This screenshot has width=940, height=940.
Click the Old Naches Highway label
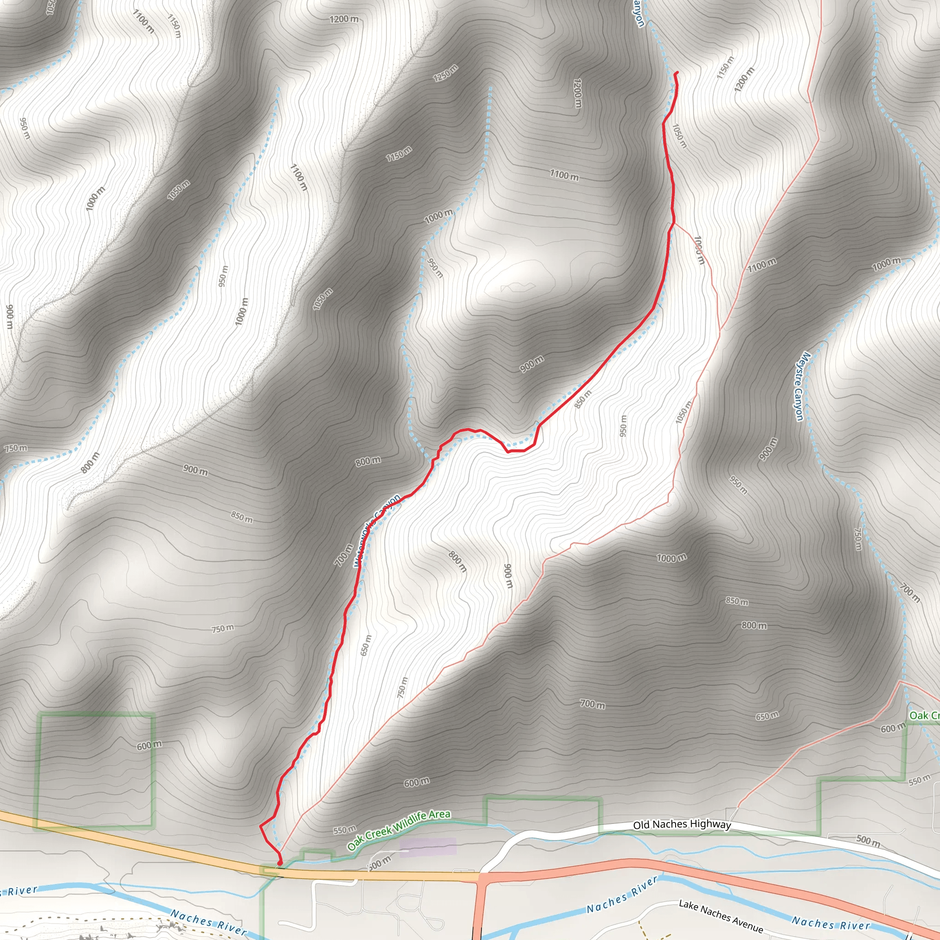pyautogui.click(x=682, y=825)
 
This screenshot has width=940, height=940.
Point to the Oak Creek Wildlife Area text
pyautogui.click(x=399, y=830)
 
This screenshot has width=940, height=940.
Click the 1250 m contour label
pyautogui.click(x=446, y=73)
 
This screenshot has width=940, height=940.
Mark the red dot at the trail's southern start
pyautogui.click(x=280, y=864)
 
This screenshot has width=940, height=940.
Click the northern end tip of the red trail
pyautogui.click(x=677, y=73)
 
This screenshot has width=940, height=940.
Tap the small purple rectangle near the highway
pyautogui.click(x=428, y=846)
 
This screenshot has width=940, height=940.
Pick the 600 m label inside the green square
pyautogui.click(x=149, y=745)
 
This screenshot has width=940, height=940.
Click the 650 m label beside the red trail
pyautogui.click(x=366, y=645)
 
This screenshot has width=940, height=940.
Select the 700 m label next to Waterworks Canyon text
pyautogui.click(x=343, y=554)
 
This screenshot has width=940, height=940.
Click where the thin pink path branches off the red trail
pyautogui.click(x=674, y=224)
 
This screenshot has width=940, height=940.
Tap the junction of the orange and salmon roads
pyautogui.click(x=481, y=877)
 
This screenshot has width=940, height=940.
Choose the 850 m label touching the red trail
pyautogui.click(x=582, y=399)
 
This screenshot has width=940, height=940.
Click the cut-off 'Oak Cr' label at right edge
pyautogui.click(x=924, y=715)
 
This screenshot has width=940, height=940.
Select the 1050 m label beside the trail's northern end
pyautogui.click(x=679, y=136)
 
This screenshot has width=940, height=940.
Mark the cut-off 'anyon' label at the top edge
pyautogui.click(x=639, y=14)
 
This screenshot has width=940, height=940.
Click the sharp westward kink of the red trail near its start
pyautogui.click(x=261, y=826)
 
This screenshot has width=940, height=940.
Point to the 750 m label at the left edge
pyautogui.click(x=16, y=448)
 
